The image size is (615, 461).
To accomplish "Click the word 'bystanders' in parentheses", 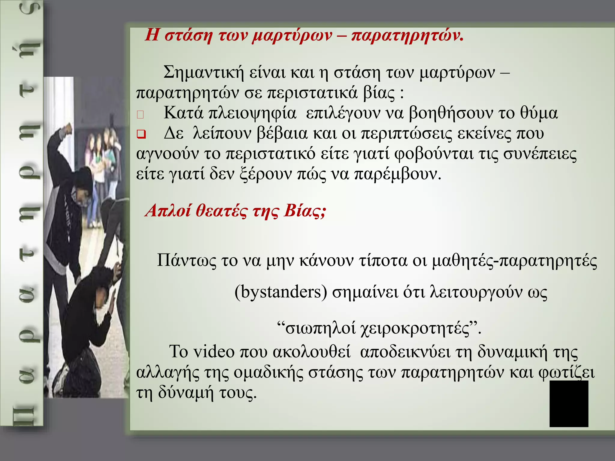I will (x=281, y=292).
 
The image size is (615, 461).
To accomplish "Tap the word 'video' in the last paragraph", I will (x=214, y=351).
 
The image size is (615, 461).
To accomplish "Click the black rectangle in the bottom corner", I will (x=569, y=404).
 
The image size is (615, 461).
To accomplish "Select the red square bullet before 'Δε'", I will (x=141, y=134).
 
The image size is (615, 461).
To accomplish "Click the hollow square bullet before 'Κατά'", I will (x=140, y=114).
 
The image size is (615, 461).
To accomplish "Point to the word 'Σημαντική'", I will (x=203, y=72).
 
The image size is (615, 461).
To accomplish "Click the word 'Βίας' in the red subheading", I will (x=304, y=211).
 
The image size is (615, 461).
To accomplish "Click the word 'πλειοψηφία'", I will (x=252, y=113).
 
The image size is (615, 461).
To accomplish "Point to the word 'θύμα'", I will (x=539, y=113).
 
